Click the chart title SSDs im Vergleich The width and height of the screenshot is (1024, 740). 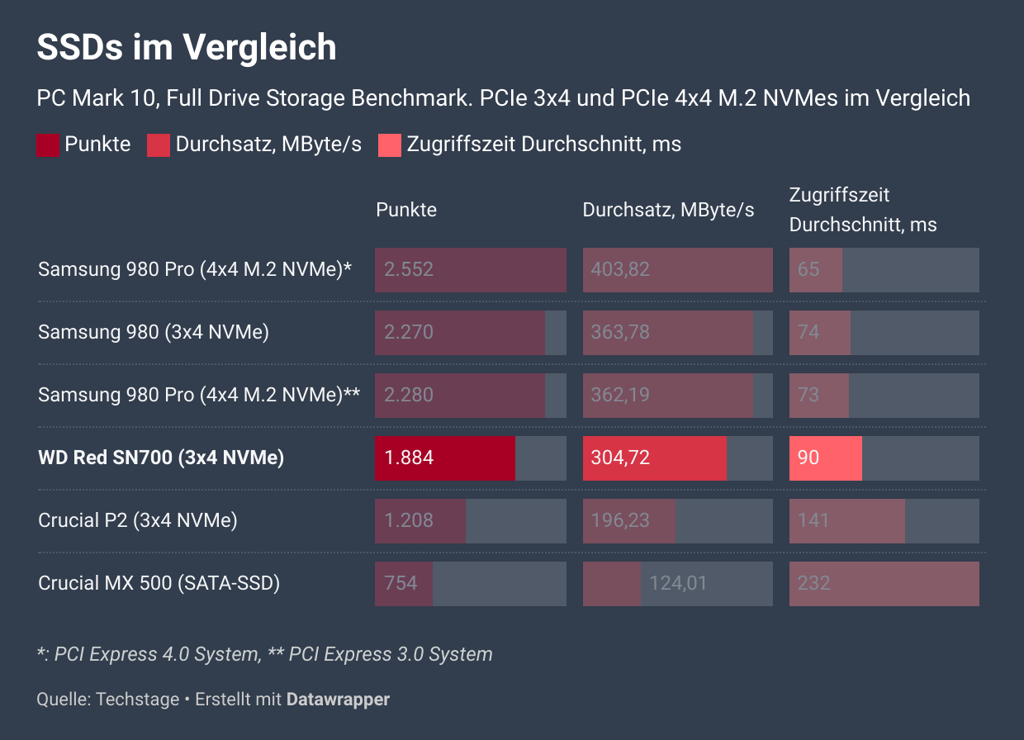tap(187, 48)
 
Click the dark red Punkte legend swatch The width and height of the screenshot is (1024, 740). tap(48, 145)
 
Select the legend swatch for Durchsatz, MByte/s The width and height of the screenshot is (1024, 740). tap(159, 145)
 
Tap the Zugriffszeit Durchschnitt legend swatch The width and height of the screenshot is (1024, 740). tap(390, 145)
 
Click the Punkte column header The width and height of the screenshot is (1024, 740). tap(406, 210)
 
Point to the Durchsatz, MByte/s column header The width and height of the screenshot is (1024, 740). tap(668, 210)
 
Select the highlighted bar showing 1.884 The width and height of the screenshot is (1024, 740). tap(445, 458)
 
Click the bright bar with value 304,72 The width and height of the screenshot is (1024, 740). tap(655, 458)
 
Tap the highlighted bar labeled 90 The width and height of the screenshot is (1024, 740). tap(826, 458)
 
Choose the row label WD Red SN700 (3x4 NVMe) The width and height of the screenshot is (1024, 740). tap(161, 458)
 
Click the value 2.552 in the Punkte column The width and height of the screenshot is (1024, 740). tap(409, 269)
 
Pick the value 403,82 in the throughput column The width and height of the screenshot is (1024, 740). tap(620, 269)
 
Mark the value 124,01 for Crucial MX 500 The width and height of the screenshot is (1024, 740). tap(678, 583)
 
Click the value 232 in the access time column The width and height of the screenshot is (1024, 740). tap(813, 583)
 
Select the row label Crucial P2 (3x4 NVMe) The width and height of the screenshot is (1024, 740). tap(138, 520)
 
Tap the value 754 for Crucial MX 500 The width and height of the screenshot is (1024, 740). tap(401, 583)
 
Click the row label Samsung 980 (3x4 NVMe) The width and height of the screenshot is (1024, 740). tap(154, 332)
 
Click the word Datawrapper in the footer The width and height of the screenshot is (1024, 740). tap(338, 700)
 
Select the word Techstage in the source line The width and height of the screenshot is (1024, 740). tap(138, 700)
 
